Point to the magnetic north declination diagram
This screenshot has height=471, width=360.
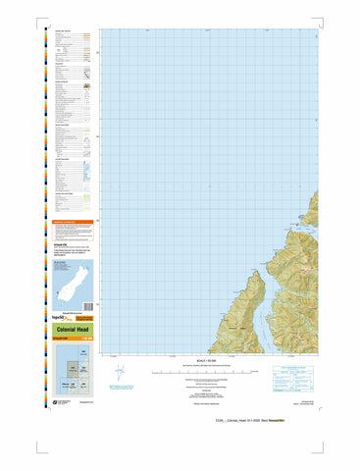pyautogui.click(x=145, y=374)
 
